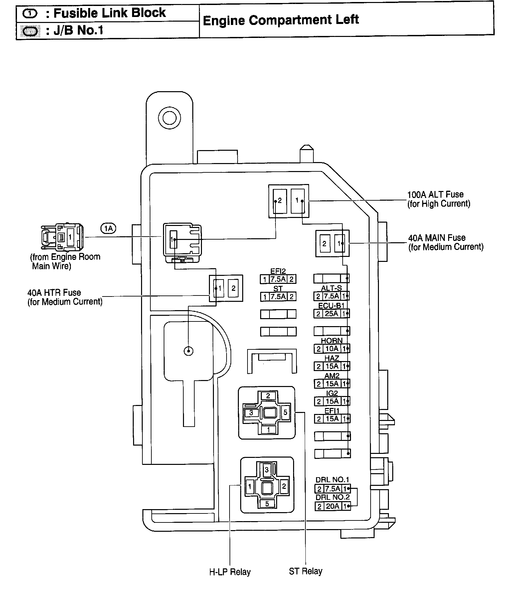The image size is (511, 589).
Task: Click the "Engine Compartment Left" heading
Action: point(280,20)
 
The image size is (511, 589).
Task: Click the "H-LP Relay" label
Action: point(230,572)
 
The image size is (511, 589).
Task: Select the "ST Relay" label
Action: point(305,571)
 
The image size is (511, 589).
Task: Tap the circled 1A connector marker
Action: point(108,228)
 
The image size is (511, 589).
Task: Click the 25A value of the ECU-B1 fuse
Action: point(331,313)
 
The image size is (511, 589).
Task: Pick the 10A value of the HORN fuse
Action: point(331,349)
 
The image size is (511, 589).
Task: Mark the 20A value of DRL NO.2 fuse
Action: point(332,506)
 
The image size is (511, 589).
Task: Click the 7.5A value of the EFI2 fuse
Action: point(278,279)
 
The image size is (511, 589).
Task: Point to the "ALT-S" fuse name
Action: point(331,288)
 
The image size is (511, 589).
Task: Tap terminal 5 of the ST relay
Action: point(285,413)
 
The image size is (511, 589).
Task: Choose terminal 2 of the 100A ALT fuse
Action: point(279,200)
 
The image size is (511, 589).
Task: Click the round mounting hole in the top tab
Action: point(169,117)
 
